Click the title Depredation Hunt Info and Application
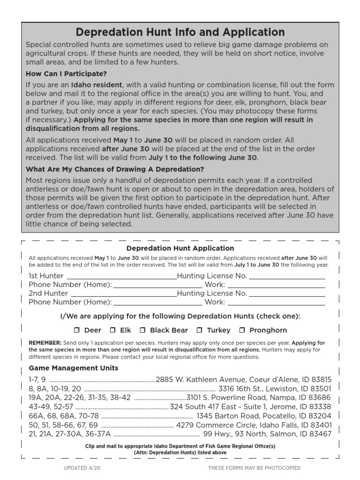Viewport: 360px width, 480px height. (180, 32)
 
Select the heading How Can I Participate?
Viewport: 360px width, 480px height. (66, 74)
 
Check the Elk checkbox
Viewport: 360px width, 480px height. (113, 330)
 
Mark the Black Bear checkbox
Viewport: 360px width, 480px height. (142, 330)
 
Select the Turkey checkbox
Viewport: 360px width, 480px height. (199, 330)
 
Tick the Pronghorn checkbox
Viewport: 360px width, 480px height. (242, 330)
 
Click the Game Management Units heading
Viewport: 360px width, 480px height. (74, 368)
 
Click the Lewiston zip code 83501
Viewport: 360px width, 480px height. (319, 389)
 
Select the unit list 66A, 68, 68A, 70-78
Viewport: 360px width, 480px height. (64, 416)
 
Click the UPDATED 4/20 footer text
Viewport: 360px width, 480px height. (82, 468)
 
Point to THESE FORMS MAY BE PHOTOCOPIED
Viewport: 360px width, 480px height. (255, 468)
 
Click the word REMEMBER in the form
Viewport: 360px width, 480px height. (45, 343)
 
